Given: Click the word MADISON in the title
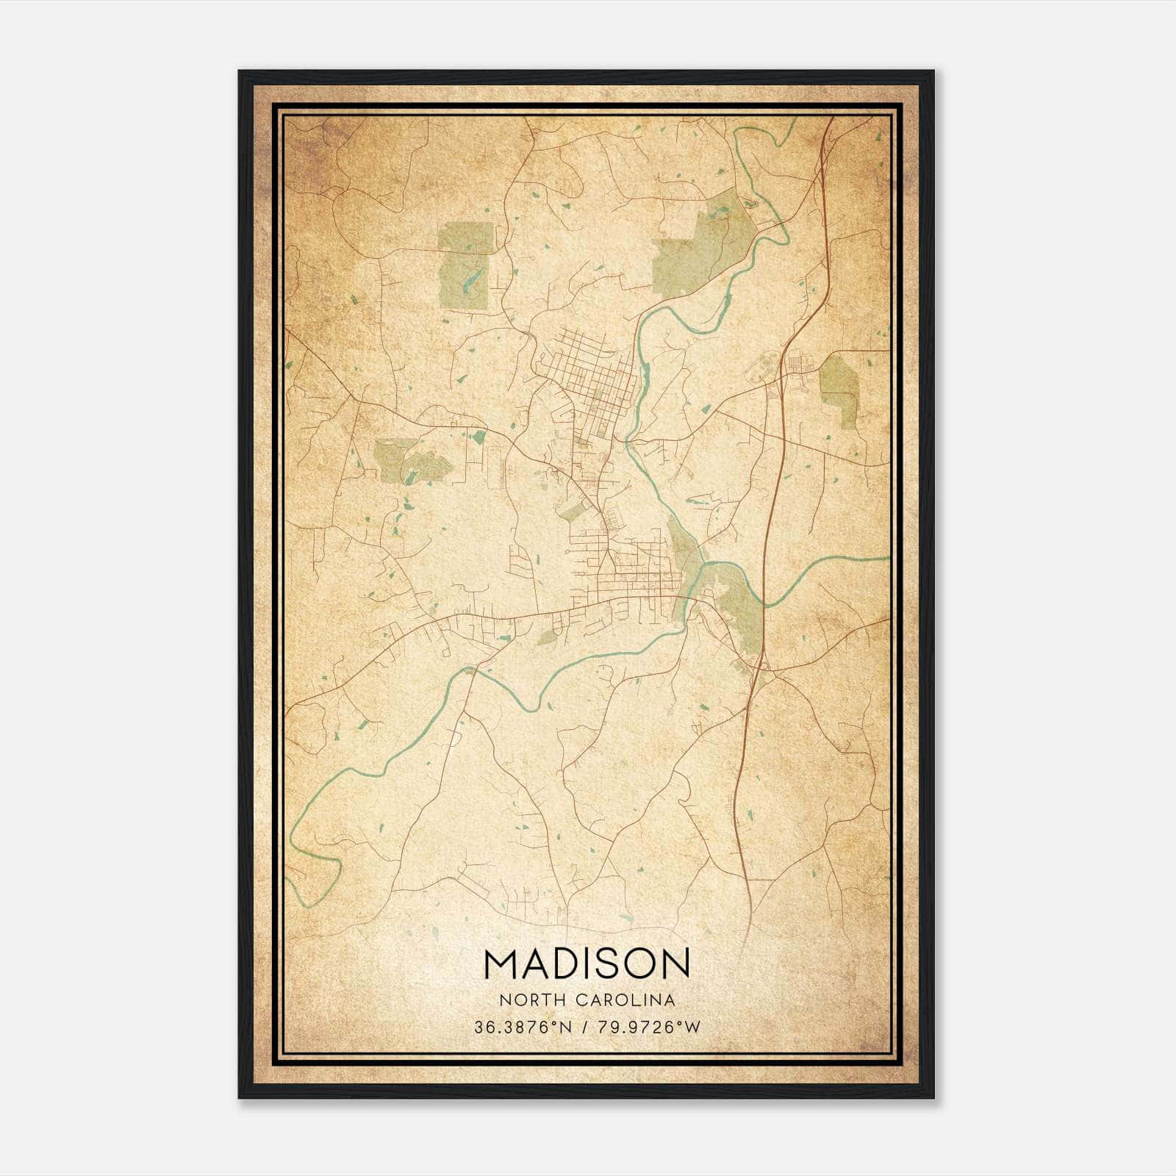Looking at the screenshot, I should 587,963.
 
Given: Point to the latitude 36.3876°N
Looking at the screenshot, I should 522,1027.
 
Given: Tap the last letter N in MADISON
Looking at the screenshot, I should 678,963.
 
